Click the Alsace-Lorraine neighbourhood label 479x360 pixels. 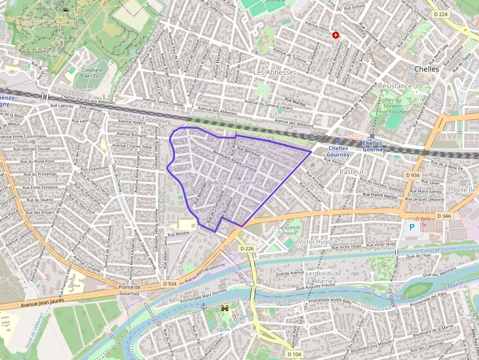235,182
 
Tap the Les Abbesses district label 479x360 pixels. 275,72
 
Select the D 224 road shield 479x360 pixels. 440,14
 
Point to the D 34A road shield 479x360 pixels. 444,216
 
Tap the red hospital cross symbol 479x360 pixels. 336,35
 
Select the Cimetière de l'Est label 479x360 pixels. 92,73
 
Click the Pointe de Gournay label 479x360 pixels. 130,290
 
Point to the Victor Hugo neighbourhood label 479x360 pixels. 314,242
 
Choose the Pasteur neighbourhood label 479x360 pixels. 351,172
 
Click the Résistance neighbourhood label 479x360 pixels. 395,86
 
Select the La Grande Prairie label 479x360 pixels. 289,231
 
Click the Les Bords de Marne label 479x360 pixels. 323,277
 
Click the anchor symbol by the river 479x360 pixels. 204,306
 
